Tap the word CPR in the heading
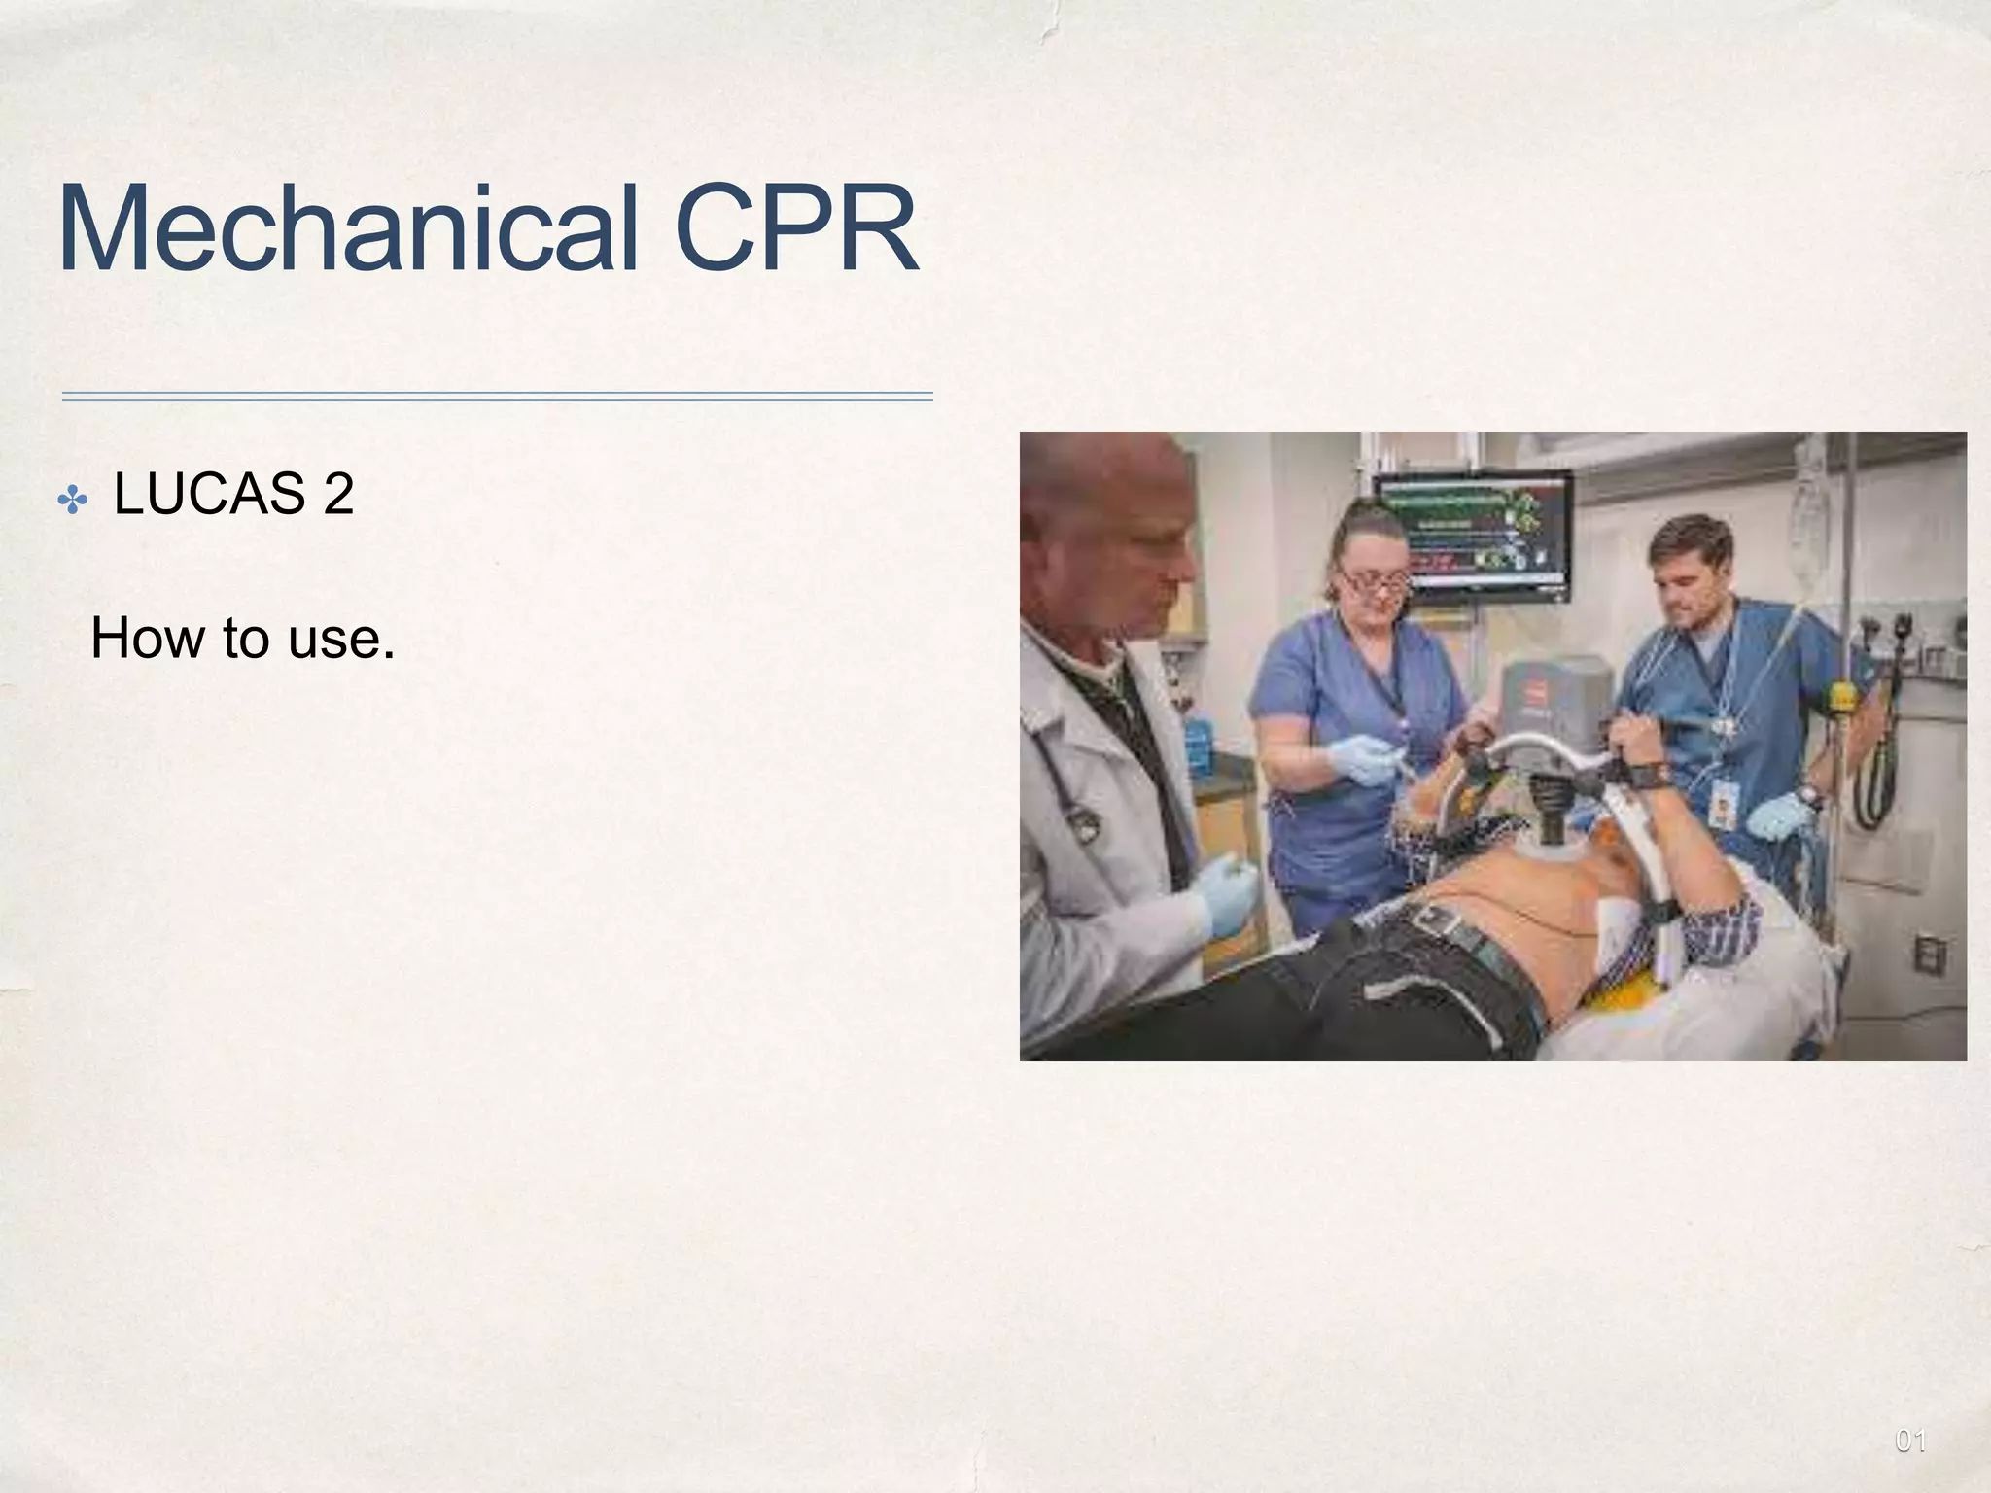pyautogui.click(x=794, y=229)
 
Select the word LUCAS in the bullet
pyautogui.click(x=209, y=494)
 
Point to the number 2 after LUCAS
pyautogui.click(x=338, y=494)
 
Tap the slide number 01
pyautogui.click(x=1910, y=1441)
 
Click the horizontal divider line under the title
pyautogui.click(x=497, y=397)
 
